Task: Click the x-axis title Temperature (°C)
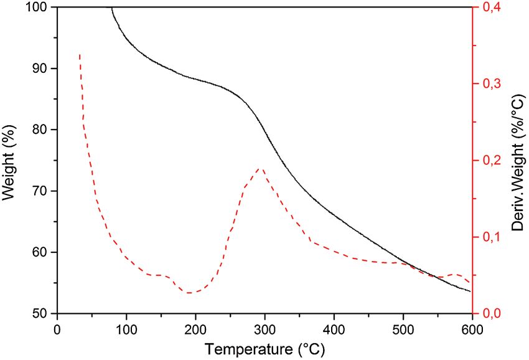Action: (x=265, y=348)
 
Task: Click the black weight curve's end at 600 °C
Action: (x=470, y=291)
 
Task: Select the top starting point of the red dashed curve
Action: (x=80, y=55)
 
